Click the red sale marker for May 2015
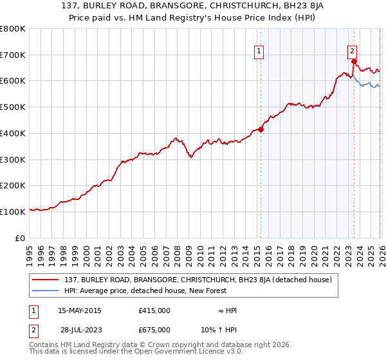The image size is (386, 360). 261,129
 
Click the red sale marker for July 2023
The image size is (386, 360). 354,61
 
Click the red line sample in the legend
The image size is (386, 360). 47,280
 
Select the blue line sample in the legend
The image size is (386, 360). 47,291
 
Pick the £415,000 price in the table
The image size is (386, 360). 154,310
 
